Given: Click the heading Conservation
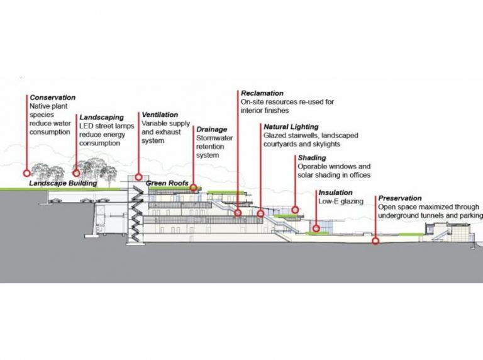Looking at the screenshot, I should coord(53,98).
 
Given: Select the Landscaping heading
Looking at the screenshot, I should coord(101,117).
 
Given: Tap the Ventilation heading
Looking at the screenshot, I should coord(162,115).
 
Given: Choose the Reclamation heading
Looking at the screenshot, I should coord(262,93).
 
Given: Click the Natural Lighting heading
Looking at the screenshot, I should coord(291,127).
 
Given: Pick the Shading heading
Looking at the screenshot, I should coord(312,157).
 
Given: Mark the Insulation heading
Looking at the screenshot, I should coord(335,192).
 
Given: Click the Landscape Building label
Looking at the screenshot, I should coord(63,184).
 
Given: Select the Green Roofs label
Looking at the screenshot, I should coord(167,184).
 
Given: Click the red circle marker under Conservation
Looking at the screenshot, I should coord(27,172).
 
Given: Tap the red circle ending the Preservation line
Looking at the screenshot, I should coord(375,240).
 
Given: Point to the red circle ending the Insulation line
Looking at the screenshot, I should coord(316,228).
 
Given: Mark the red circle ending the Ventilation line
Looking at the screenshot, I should coord(138,177).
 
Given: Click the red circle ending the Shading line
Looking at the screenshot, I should coord(295,210).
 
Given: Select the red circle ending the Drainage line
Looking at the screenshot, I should coord(194,188).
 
